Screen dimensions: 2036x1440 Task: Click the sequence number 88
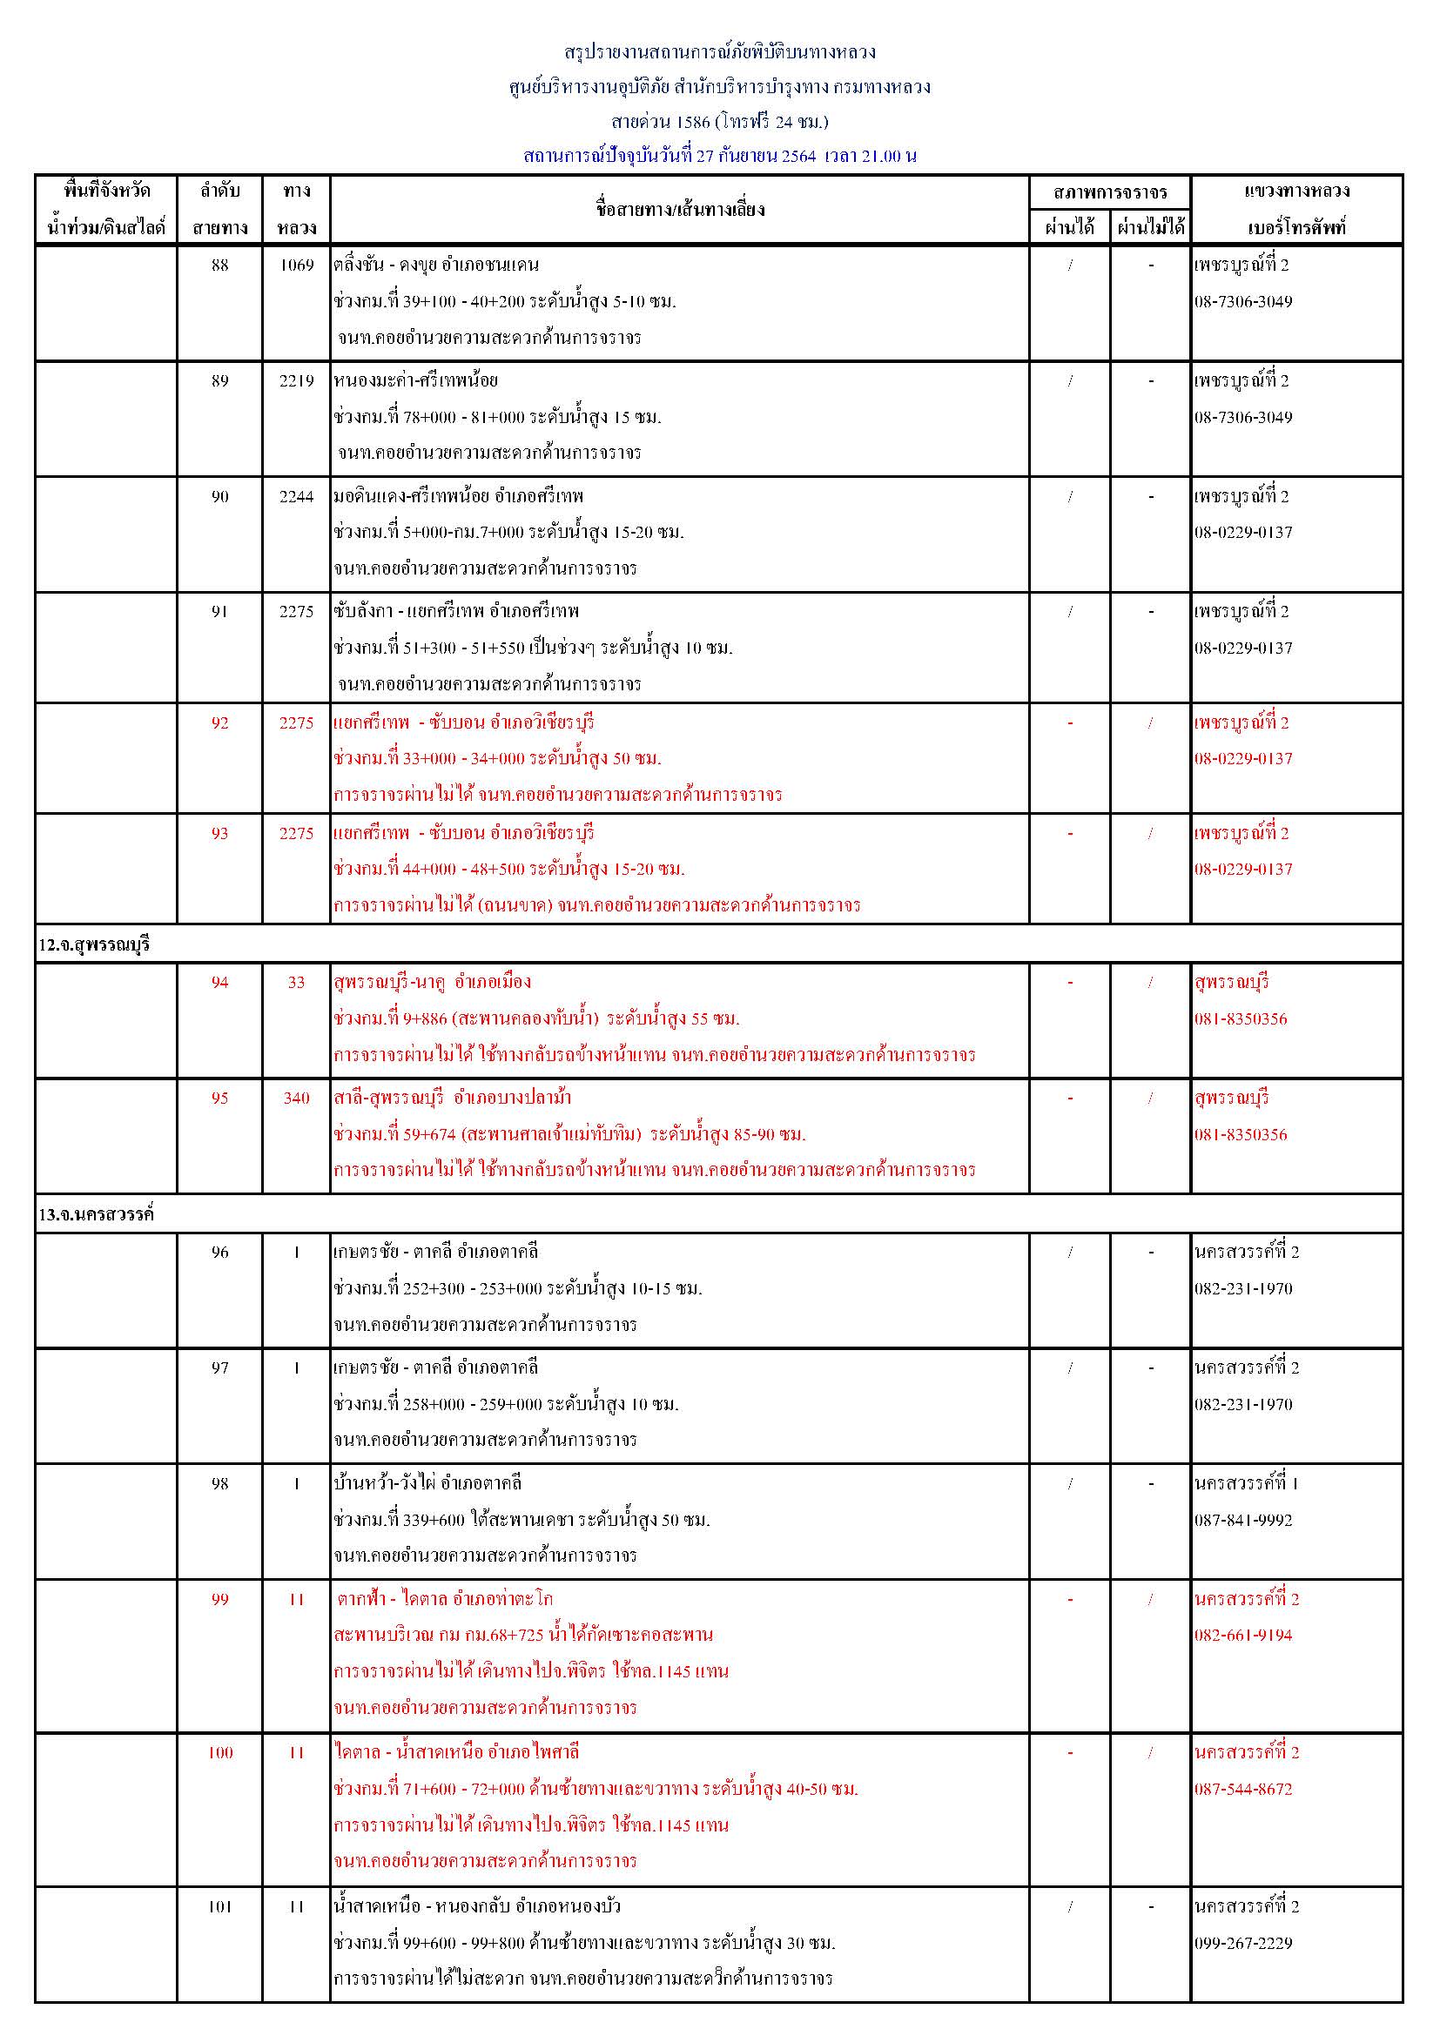[220, 265]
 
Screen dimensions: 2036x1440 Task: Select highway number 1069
[296, 265]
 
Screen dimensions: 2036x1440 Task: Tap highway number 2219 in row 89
[296, 380]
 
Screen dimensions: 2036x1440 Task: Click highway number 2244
[296, 496]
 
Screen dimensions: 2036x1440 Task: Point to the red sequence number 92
[220, 722]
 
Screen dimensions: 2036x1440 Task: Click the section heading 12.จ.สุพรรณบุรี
[94, 945]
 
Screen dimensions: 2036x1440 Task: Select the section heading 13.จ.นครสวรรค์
[96, 1214]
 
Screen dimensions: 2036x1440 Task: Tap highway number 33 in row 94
[296, 983]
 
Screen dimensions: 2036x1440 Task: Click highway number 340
[296, 1098]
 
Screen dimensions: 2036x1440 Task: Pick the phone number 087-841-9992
[1243, 1520]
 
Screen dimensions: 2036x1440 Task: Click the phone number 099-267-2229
[1243, 1943]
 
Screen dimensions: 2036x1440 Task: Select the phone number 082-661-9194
[1243, 1636]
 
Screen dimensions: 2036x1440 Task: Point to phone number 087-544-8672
[1243, 1790]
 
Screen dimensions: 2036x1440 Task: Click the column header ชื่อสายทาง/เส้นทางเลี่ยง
[680, 210]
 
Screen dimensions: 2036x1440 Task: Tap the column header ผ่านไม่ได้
[1151, 228]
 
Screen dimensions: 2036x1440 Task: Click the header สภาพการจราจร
[1110, 192]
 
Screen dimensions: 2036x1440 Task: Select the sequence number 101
[220, 1906]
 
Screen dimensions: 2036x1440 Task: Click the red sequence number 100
[220, 1752]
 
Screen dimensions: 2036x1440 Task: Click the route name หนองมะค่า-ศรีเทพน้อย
[416, 380]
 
